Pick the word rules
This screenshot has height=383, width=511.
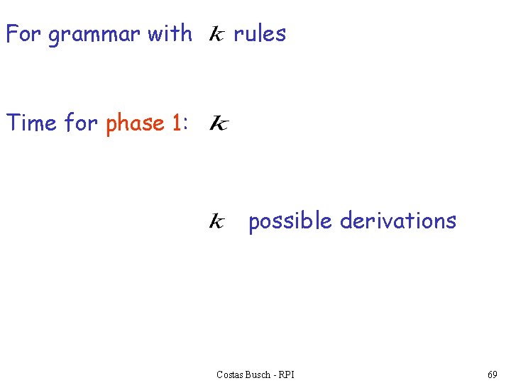(260, 33)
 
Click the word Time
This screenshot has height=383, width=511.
(31, 123)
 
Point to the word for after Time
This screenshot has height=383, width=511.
(81, 123)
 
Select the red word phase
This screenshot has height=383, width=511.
(136, 124)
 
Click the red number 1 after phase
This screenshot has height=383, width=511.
(176, 123)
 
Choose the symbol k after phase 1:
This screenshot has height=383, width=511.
(218, 125)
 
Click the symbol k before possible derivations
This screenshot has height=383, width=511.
(216, 223)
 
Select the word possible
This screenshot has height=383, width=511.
(290, 222)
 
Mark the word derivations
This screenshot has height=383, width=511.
(398, 221)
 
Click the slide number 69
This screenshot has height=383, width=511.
(493, 374)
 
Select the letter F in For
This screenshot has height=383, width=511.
(11, 33)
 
